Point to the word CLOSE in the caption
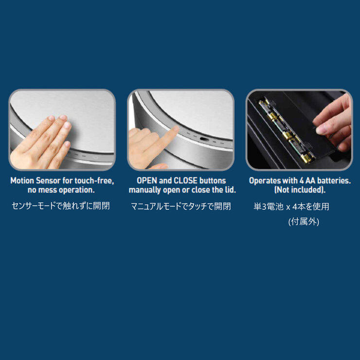(185, 180)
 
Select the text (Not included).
(300, 190)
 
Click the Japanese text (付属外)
(304, 222)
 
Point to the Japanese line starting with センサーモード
(61, 206)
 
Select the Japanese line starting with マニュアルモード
(180, 206)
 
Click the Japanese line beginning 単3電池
(291, 207)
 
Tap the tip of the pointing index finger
(176, 128)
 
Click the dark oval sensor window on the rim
(204, 139)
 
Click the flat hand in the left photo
(41, 143)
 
